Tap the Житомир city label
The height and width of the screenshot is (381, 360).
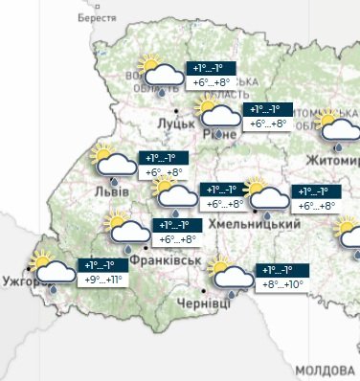point(330,158)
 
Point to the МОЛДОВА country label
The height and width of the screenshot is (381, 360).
point(324,370)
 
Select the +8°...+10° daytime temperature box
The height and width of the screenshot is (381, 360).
point(281,284)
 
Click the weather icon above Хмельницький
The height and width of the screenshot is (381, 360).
point(265,195)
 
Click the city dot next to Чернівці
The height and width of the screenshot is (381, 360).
point(204,289)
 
